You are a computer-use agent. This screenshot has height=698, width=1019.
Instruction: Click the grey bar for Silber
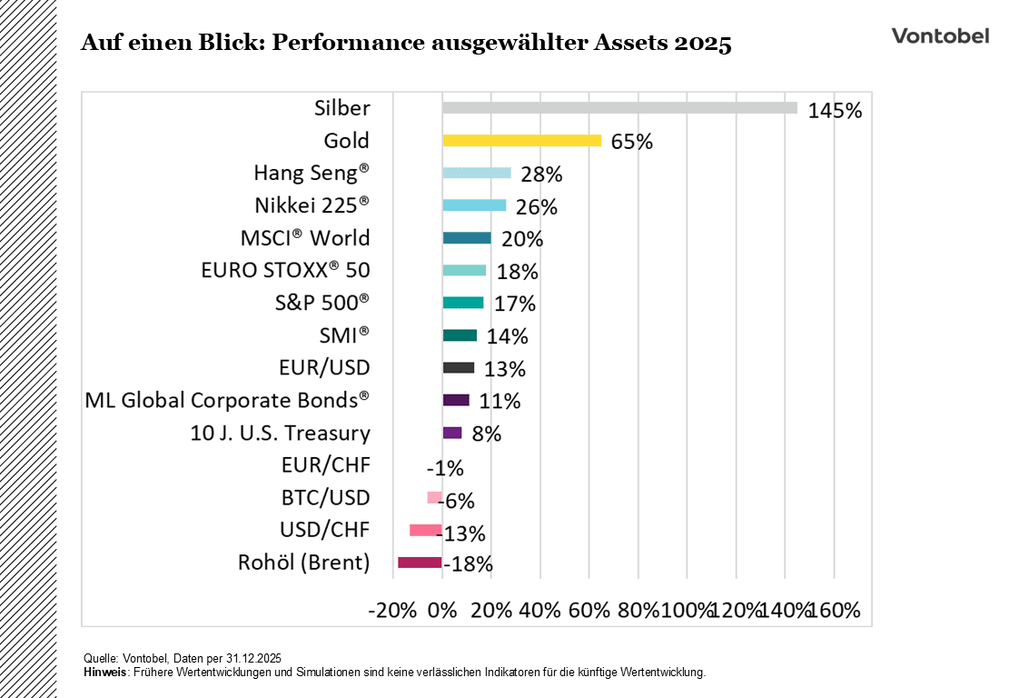click(619, 108)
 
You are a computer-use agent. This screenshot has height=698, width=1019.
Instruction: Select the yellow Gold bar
click(521, 141)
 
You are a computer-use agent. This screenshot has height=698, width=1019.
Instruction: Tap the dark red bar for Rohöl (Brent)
click(420, 563)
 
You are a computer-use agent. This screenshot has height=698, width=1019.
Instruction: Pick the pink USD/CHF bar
click(426, 530)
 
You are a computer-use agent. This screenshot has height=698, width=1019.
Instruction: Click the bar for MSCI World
click(467, 238)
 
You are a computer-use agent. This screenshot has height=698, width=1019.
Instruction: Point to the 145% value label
click(835, 111)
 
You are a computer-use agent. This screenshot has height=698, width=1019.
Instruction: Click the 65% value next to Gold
click(632, 143)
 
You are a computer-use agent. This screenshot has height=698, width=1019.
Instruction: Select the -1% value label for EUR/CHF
click(445, 468)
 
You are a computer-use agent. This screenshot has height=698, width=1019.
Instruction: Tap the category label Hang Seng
click(312, 173)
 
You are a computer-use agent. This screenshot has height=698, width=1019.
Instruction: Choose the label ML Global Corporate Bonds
click(227, 400)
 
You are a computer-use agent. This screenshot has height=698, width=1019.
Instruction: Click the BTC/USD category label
click(325, 497)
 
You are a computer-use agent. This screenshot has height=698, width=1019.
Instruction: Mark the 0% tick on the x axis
click(442, 610)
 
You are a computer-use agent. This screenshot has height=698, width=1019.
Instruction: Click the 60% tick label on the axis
click(589, 610)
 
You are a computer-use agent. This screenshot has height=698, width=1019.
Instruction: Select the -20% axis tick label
click(391, 610)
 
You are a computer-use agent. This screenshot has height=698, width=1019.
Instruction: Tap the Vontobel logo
click(940, 35)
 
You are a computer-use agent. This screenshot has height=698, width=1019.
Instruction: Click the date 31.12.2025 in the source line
click(252, 658)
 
